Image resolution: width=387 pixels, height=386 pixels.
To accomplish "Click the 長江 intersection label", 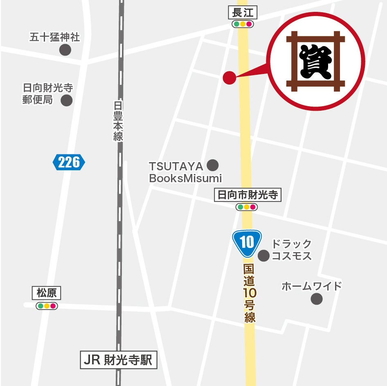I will coord(243,13).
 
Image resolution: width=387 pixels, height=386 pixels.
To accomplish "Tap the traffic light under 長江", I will coord(243,24).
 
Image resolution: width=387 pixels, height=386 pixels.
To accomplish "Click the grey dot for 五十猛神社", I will coord(65,50).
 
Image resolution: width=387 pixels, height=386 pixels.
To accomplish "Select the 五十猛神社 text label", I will coord(55,38).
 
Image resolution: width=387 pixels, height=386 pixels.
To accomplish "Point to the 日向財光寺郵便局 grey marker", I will coord(67,100).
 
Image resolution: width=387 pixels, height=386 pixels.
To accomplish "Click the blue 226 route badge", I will coord(69,162).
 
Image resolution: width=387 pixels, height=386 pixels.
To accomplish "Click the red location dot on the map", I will coord(229,78).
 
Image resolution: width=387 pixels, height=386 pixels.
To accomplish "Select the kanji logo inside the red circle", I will coord(315,61).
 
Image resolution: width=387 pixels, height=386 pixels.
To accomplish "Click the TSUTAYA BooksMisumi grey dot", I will coord(212,165).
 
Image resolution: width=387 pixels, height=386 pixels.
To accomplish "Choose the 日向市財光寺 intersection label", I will coord(248,195).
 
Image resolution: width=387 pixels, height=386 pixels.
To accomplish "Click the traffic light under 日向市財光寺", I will coord(247,207).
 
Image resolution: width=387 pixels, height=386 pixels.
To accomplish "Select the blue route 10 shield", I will coord(247,243).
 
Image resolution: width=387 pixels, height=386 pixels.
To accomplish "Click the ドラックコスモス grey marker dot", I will coord(264,256).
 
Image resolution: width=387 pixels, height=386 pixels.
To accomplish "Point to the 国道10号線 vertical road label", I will coord(250,293).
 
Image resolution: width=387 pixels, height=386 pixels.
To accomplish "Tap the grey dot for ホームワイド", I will coord(317,299).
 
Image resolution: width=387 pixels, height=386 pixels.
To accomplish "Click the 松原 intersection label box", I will coord(46,293).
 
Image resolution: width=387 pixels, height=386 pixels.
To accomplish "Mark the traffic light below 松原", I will coord(47,306).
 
